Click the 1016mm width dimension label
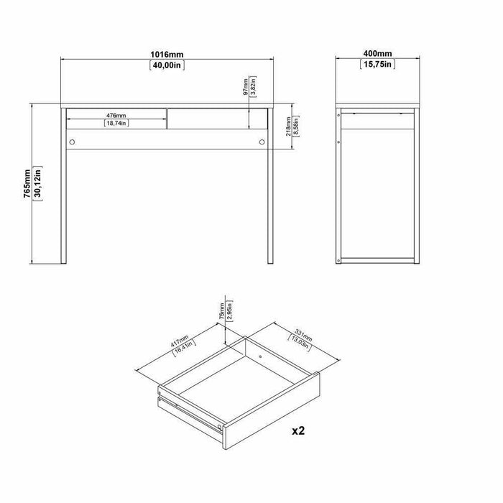[x=167, y=55]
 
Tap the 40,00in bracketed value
[x=167, y=65]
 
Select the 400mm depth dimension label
[x=377, y=54]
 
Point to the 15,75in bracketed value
[x=377, y=64]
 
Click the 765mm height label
[x=27, y=183]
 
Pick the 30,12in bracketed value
[x=37, y=183]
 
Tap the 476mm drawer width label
[x=116, y=115]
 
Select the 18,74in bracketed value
[x=116, y=123]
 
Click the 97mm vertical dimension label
[x=246, y=87]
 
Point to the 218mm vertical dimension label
[x=288, y=126]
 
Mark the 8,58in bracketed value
[x=296, y=126]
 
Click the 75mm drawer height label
[x=221, y=311]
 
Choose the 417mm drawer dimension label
[x=180, y=341]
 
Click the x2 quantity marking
[x=298, y=430]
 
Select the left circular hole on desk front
[x=72, y=142]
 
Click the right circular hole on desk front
[x=262, y=142]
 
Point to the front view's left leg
[x=63, y=186]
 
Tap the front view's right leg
[x=270, y=186]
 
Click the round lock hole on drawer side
[x=219, y=427]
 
